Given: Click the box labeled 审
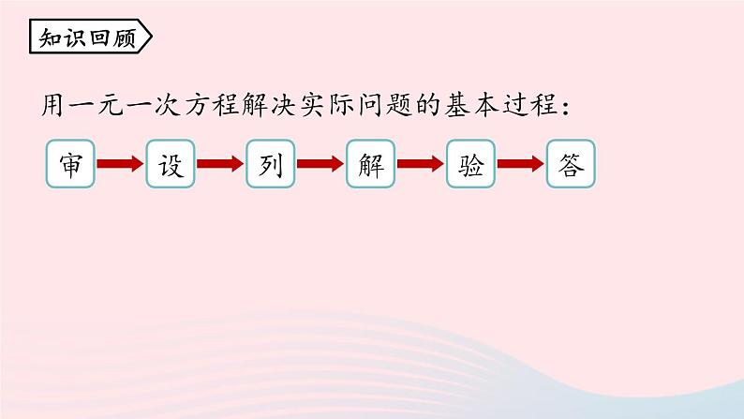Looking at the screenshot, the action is point(70,164).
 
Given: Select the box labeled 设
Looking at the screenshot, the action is point(171,164).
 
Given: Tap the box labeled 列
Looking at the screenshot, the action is point(271,164).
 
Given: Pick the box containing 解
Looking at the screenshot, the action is point(370,164).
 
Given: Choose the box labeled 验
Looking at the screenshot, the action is point(470,164).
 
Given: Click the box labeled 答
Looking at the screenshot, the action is point(571,164).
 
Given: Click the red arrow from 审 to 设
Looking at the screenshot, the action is point(120,164).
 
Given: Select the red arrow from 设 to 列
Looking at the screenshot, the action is point(220,164).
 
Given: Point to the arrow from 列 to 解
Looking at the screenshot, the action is point(320,164).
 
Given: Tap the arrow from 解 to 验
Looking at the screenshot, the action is point(421,164).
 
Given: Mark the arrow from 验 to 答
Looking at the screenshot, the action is point(520,164).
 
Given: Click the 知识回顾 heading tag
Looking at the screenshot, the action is point(91,37).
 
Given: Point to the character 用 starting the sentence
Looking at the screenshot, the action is point(52,105).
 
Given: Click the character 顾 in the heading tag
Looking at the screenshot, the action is point(125,37).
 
